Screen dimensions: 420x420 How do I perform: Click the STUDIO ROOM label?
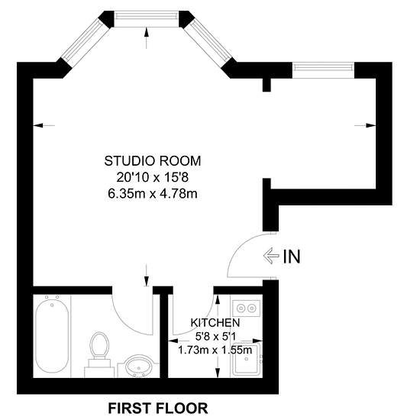pyautogui.click(x=153, y=161)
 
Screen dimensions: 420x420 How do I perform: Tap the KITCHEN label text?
pyautogui.click(x=215, y=323)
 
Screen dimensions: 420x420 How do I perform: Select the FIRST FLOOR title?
pyautogui.click(x=158, y=409)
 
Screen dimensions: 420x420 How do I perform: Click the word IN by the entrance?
pyautogui.click(x=292, y=257)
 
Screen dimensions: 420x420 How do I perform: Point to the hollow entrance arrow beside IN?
pyautogui.click(x=271, y=256)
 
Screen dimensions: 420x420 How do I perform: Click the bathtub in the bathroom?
pyautogui.click(x=52, y=336)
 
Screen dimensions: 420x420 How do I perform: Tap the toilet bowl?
pyautogui.click(x=99, y=345)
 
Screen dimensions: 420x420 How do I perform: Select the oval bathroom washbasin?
pyautogui.click(x=138, y=365)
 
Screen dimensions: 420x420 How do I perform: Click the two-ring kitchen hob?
pyautogui.click(x=246, y=309)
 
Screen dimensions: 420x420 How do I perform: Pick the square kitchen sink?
pyautogui.click(x=246, y=360)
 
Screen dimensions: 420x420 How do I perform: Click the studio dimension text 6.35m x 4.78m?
pyautogui.click(x=153, y=193)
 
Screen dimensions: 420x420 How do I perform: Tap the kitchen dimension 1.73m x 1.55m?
pyautogui.click(x=215, y=350)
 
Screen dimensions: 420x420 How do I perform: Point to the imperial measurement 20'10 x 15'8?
pyautogui.click(x=153, y=177)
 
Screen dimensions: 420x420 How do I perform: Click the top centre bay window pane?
pyautogui.click(x=147, y=19)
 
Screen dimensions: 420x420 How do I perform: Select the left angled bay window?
pyautogui.click(x=86, y=43)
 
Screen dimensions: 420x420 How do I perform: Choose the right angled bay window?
pyautogui.click(x=208, y=43)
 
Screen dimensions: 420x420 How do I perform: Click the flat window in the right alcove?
pyautogui.click(x=323, y=70)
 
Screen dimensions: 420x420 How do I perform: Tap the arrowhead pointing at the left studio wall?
pyautogui.click(x=38, y=125)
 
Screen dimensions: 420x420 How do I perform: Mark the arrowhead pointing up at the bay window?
pyautogui.click(x=147, y=32)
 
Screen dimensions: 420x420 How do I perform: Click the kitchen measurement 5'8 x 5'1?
pyautogui.click(x=215, y=336)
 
